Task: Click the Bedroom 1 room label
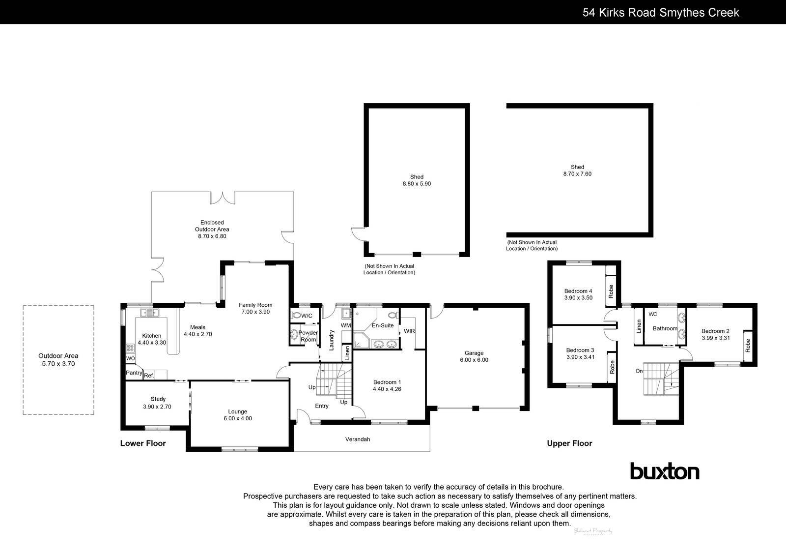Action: pyautogui.click(x=387, y=385)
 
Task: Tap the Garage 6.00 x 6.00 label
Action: pyautogui.click(x=474, y=356)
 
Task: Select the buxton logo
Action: pyautogui.click(x=665, y=472)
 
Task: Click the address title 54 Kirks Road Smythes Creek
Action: pyautogui.click(x=661, y=12)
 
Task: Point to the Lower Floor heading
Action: pyautogui.click(x=143, y=443)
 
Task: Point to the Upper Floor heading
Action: pyautogui.click(x=569, y=443)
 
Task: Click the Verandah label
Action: pyautogui.click(x=357, y=439)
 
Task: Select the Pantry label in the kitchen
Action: pyautogui.click(x=134, y=374)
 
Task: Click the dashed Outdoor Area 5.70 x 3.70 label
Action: pyautogui.click(x=58, y=360)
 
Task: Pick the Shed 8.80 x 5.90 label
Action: pyautogui.click(x=417, y=180)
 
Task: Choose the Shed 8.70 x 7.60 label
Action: pyautogui.click(x=577, y=170)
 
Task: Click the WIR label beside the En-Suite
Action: pyautogui.click(x=409, y=331)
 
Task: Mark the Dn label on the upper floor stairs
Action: pyautogui.click(x=639, y=371)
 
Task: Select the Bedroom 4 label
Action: pyautogui.click(x=578, y=294)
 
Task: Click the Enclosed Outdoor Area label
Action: pyautogui.click(x=212, y=229)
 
